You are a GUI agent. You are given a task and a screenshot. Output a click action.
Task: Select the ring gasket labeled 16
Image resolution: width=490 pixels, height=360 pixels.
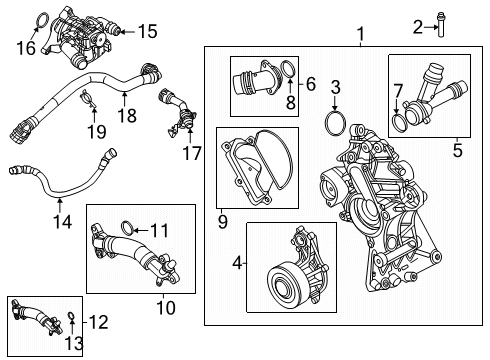pos(147,32)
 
